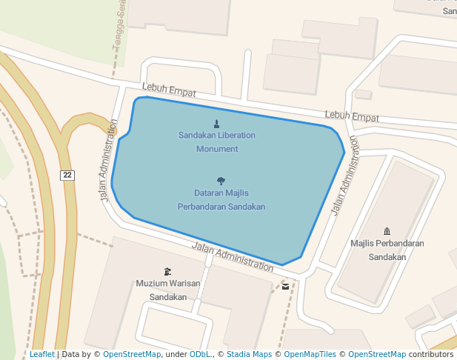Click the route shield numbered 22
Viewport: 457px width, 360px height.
click(67, 175)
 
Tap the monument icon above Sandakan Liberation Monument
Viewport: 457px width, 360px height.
click(217, 124)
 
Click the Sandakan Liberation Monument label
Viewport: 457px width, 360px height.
click(217, 142)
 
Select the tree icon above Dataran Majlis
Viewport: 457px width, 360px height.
click(221, 181)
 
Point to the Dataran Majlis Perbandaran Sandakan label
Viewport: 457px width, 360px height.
click(221, 200)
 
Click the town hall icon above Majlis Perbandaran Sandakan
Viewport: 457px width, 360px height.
click(387, 231)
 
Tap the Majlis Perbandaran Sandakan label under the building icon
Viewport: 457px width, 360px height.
click(387, 250)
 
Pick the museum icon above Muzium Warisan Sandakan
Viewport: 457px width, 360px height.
click(167, 271)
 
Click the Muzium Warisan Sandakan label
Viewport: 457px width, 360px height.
click(167, 290)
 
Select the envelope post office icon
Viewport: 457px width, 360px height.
click(286, 286)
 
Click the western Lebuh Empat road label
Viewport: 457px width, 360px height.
click(169, 92)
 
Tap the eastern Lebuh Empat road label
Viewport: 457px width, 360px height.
click(352, 117)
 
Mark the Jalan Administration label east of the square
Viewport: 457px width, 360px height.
click(344, 176)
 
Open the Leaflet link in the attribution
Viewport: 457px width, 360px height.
click(42, 355)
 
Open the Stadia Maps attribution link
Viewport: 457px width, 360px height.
click(249, 355)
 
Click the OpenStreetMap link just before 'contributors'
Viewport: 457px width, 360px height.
click(377, 355)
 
